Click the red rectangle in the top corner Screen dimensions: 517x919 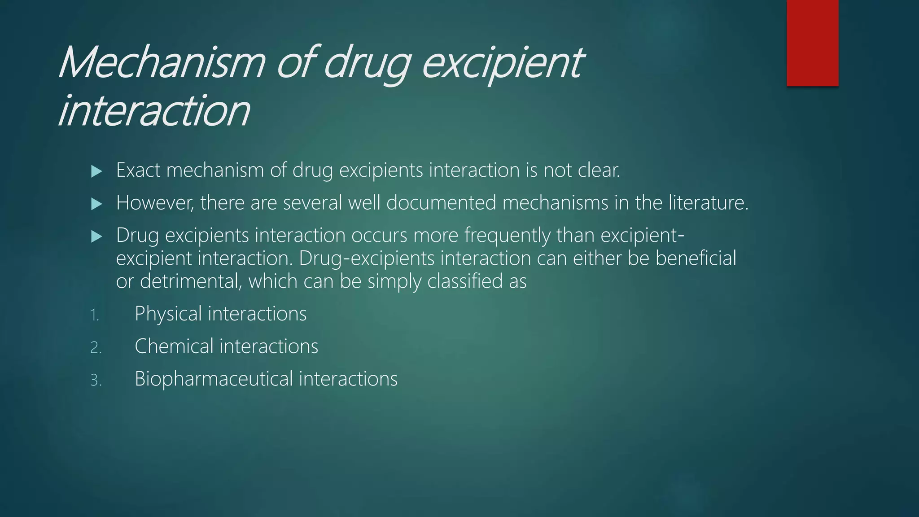(812, 43)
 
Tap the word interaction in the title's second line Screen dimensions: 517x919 (154, 110)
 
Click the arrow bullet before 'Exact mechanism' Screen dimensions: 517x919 (96, 171)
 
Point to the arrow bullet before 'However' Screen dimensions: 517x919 (96, 204)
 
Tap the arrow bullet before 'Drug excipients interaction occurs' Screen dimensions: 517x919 (96, 237)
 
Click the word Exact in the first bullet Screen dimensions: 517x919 (138, 170)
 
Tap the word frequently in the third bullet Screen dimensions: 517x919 (507, 236)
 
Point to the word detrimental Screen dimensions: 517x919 (191, 281)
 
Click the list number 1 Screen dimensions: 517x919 (94, 315)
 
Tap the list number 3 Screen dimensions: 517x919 (96, 381)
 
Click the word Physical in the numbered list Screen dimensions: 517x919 (168, 314)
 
